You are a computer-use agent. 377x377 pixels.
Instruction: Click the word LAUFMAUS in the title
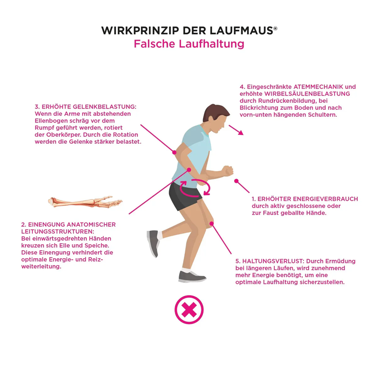pyautogui.click(x=241, y=31)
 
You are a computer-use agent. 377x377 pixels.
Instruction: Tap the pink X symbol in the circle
pyautogui.click(x=189, y=310)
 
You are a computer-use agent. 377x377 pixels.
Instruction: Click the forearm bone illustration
pyautogui.click(x=85, y=202)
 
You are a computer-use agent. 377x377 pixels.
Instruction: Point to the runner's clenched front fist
pyautogui.click(x=228, y=171)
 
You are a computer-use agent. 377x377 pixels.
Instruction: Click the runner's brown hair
pyautogui.click(x=215, y=112)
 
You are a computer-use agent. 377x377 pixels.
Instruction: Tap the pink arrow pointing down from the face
pyautogui.click(x=236, y=130)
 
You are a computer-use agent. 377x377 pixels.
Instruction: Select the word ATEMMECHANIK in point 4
pyautogui.click(x=318, y=87)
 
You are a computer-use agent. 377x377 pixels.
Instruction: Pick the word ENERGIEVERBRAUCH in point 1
pyautogui.click(x=308, y=199)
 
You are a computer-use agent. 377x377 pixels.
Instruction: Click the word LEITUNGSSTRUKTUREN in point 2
pyautogui.click(x=57, y=232)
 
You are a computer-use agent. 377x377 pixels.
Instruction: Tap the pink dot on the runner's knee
pyautogui.click(x=212, y=224)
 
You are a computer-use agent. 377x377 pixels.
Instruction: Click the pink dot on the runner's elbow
pyautogui.click(x=174, y=152)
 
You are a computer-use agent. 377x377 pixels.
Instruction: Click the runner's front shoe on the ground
pyautogui.click(x=192, y=277)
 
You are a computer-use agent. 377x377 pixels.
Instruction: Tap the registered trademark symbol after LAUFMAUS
pyautogui.click(x=275, y=29)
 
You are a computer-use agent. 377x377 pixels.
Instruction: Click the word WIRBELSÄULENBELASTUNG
pyautogui.click(x=307, y=94)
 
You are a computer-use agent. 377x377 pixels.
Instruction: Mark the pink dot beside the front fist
pyautogui.click(x=237, y=181)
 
